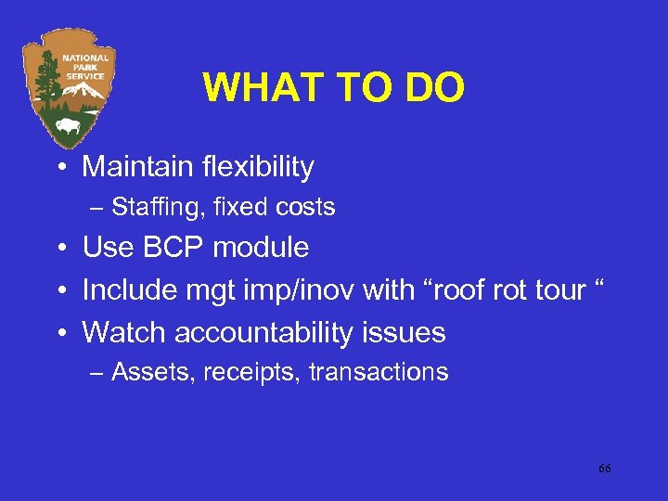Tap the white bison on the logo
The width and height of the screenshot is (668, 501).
point(69,124)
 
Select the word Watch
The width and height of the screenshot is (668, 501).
point(124,332)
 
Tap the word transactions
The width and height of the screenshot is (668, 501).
point(379,373)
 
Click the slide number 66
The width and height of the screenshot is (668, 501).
point(604,469)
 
